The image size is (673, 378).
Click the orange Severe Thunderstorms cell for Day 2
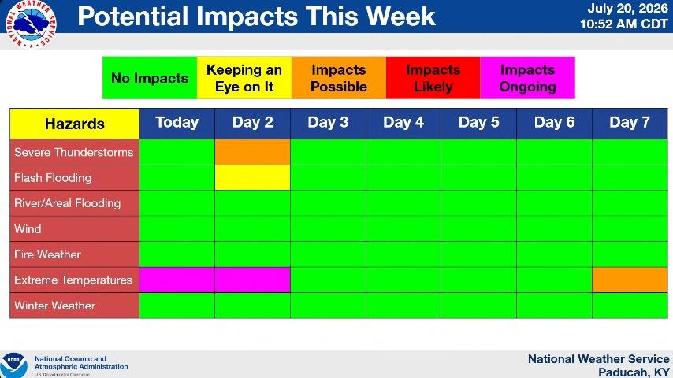click(252, 152)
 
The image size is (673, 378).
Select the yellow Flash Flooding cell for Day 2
click(252, 178)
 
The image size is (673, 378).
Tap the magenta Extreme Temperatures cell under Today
click(177, 280)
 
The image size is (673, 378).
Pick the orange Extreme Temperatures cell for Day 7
click(630, 280)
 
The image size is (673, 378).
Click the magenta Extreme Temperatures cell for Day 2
click(252, 280)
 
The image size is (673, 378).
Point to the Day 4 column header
click(403, 123)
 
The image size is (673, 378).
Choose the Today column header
click(177, 123)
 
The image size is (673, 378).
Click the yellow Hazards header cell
click(75, 124)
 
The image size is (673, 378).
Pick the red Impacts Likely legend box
click(433, 78)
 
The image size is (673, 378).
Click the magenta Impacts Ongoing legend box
click(527, 78)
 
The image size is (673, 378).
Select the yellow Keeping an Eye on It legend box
click(244, 78)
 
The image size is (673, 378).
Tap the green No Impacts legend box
click(150, 78)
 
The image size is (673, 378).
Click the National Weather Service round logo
click(31, 24)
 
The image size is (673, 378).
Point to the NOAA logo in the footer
click(13, 365)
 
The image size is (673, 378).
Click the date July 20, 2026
click(627, 8)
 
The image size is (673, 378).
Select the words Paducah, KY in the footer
click(634, 372)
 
